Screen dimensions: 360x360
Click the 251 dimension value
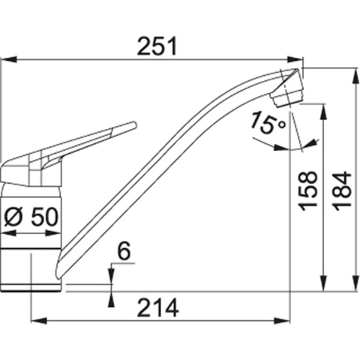coord(157,46)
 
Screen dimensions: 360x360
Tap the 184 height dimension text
coord(342,190)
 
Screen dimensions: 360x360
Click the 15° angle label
coord(268,121)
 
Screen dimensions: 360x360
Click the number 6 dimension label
coord(124,252)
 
